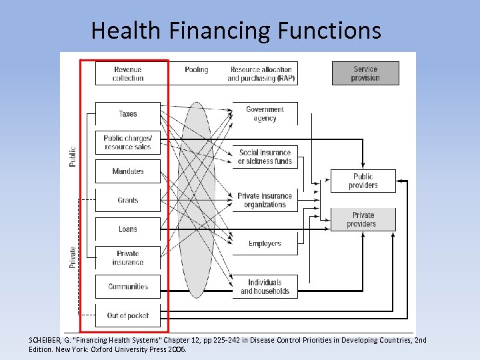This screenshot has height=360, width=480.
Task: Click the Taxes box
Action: pyautogui.click(x=128, y=114)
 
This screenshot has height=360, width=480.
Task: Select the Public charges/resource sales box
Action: pyautogui.click(x=128, y=143)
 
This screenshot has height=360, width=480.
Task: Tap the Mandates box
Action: pyautogui.click(x=128, y=171)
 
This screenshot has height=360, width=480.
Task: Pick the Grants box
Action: pyautogui.click(x=128, y=200)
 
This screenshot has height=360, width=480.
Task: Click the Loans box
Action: pyautogui.click(x=128, y=229)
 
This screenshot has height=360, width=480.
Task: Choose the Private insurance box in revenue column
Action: pyautogui.click(x=128, y=258)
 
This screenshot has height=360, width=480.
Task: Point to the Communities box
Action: pyautogui.click(x=128, y=287)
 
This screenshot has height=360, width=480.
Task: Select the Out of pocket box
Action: pyautogui.click(x=128, y=315)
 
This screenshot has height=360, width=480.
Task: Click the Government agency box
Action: pyautogui.click(x=265, y=114)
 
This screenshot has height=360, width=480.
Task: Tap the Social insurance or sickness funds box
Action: pyautogui.click(x=265, y=157)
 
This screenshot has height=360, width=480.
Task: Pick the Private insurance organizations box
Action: pyautogui.click(x=265, y=200)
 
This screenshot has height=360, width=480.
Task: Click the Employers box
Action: pyautogui.click(x=265, y=243)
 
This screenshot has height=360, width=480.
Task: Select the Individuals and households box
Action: pyautogui.click(x=265, y=287)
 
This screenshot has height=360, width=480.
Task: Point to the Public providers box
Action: pyautogui.click(x=363, y=181)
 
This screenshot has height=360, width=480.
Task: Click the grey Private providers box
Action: pyautogui.click(x=363, y=219)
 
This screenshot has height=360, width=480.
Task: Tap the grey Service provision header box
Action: pyautogui.click(x=365, y=73)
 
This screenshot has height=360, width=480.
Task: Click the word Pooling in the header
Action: pyautogui.click(x=197, y=69)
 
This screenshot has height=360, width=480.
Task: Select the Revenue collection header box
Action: pyautogui.click(x=128, y=73)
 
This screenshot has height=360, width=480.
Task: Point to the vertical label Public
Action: pyautogui.click(x=73, y=157)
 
